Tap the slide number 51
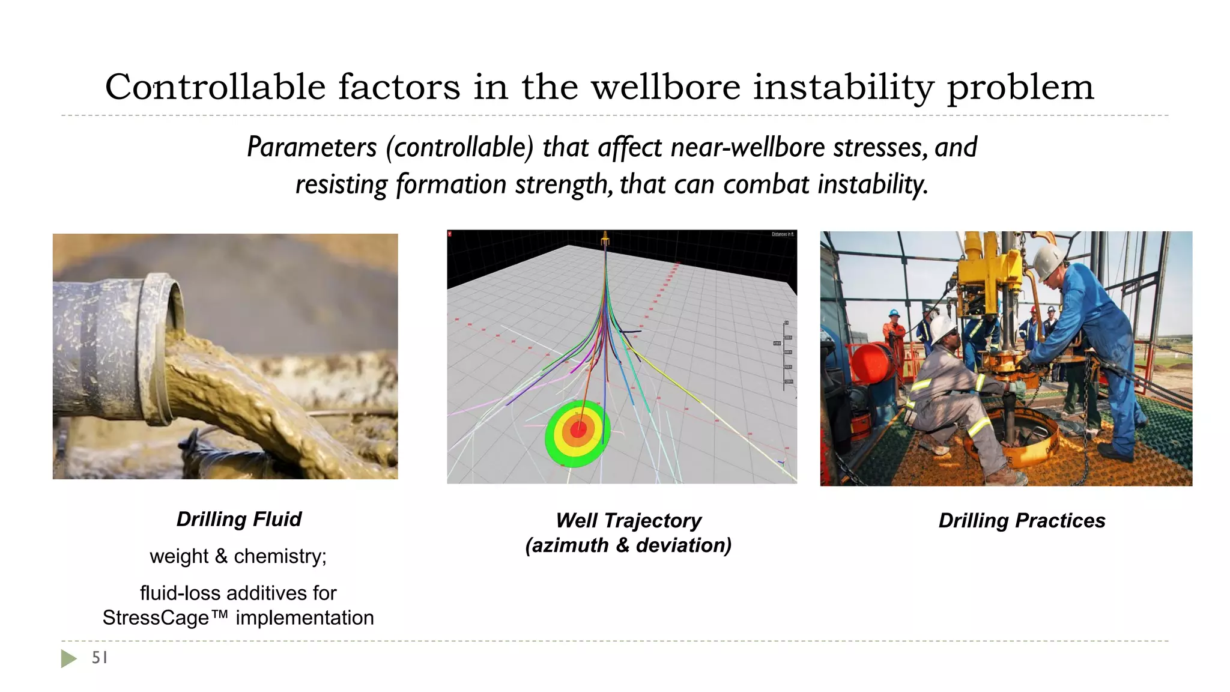tap(100, 658)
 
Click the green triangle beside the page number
tap(68, 658)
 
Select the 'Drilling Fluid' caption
tap(238, 519)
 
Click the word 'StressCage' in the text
tap(156, 618)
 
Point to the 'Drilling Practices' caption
tap(1022, 520)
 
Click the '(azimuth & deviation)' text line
tap(628, 545)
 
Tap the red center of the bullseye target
tap(578, 429)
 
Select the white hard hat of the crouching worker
tap(942, 327)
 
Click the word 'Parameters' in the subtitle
tap(312, 147)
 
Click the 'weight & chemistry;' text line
tap(238, 556)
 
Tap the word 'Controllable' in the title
tap(215, 87)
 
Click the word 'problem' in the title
tap(1020, 87)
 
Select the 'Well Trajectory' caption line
tap(628, 520)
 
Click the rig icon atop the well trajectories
tap(605, 240)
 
